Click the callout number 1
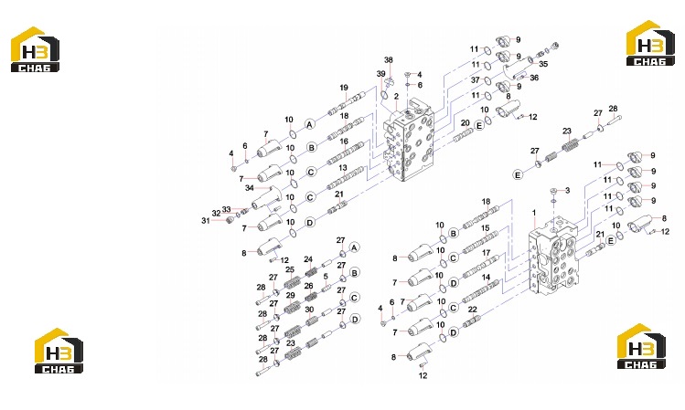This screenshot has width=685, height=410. click(x=534, y=213)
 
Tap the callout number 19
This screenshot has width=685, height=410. click(x=344, y=88)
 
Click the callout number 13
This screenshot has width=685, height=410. click(x=343, y=167)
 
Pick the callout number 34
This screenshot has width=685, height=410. click(x=250, y=188)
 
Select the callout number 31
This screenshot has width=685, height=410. click(x=206, y=221)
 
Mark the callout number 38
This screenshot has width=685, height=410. click(x=389, y=59)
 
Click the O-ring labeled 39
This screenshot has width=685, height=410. click(x=384, y=95)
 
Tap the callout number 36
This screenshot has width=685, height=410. click(x=534, y=78)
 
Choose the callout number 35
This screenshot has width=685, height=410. click(x=543, y=64)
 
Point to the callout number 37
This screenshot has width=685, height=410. click(x=476, y=79)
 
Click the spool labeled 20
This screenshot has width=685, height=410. click(x=463, y=136)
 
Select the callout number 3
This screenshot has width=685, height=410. click(x=568, y=190)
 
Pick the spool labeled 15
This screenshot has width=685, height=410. click(x=480, y=242)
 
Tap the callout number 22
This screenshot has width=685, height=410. click(x=473, y=310)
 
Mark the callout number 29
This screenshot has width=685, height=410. click(x=291, y=295)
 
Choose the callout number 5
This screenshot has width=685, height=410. click(x=326, y=277)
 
